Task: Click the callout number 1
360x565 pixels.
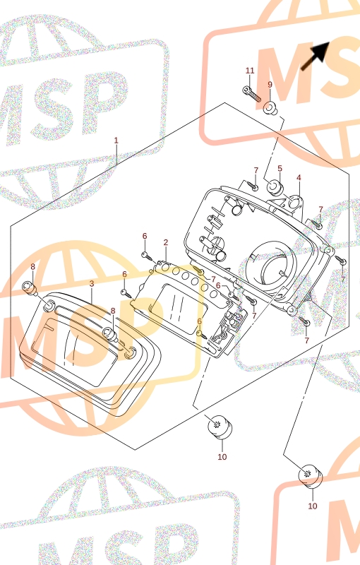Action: pos(116,140)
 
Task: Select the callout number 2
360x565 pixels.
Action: pos(166,242)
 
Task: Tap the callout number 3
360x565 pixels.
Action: pos(92,284)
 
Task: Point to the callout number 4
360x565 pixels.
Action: pos(299,177)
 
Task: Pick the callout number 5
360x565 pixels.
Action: pos(280,168)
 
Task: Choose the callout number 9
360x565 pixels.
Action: pos(270,85)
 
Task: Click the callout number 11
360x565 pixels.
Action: pos(250,71)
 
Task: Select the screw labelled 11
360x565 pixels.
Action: pos(253,94)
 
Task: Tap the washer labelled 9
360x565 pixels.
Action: pos(270,109)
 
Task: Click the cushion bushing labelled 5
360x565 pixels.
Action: pos(276,187)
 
